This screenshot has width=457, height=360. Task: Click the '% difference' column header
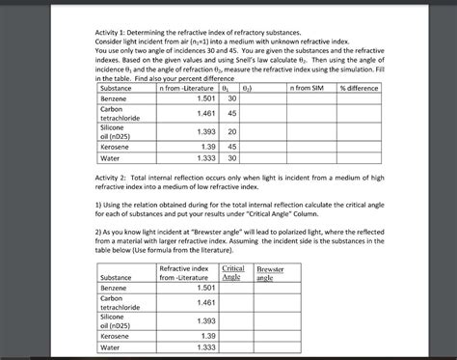tap(359, 88)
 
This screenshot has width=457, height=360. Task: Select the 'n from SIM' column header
tap(306, 88)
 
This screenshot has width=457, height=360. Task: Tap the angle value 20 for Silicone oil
tap(231, 130)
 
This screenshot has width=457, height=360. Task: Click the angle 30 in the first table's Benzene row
tap(231, 98)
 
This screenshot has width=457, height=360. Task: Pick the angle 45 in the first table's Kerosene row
tap(231, 145)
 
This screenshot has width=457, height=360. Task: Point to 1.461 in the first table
tap(199, 113)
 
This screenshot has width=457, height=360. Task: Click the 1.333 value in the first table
tap(199, 157)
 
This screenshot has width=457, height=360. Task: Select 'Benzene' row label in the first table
tap(114, 99)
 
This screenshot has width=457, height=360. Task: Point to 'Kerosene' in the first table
tap(116, 145)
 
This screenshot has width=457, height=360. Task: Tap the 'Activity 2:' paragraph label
tap(116, 180)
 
